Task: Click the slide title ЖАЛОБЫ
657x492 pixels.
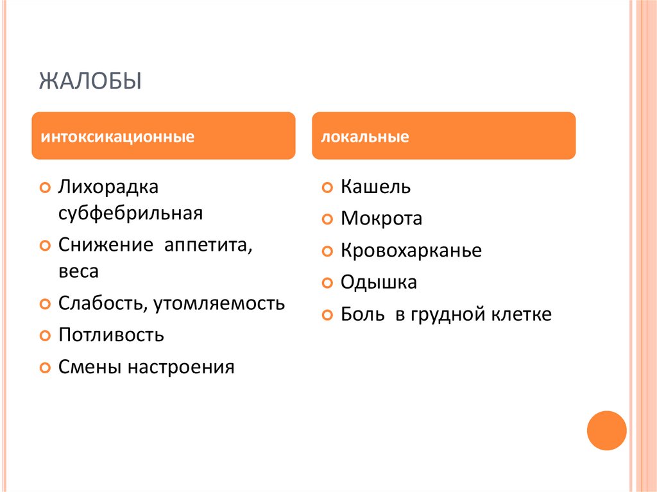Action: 90,81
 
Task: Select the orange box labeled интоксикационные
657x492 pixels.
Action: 164,136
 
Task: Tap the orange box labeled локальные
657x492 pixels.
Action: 443,136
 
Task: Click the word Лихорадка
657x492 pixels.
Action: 108,187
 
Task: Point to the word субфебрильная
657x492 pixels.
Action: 130,212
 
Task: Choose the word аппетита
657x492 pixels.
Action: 209,245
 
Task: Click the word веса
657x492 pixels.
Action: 78,271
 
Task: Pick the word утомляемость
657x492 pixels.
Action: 219,303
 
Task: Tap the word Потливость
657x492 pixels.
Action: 111,335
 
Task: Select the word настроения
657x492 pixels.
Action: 181,368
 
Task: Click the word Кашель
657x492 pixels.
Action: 375,187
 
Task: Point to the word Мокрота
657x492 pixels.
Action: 381,219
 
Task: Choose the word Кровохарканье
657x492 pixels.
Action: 411,250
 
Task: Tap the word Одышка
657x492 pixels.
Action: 379,282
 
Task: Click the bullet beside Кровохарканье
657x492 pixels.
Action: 327,251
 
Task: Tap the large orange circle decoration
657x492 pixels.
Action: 606,430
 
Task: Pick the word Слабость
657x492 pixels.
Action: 101,303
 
